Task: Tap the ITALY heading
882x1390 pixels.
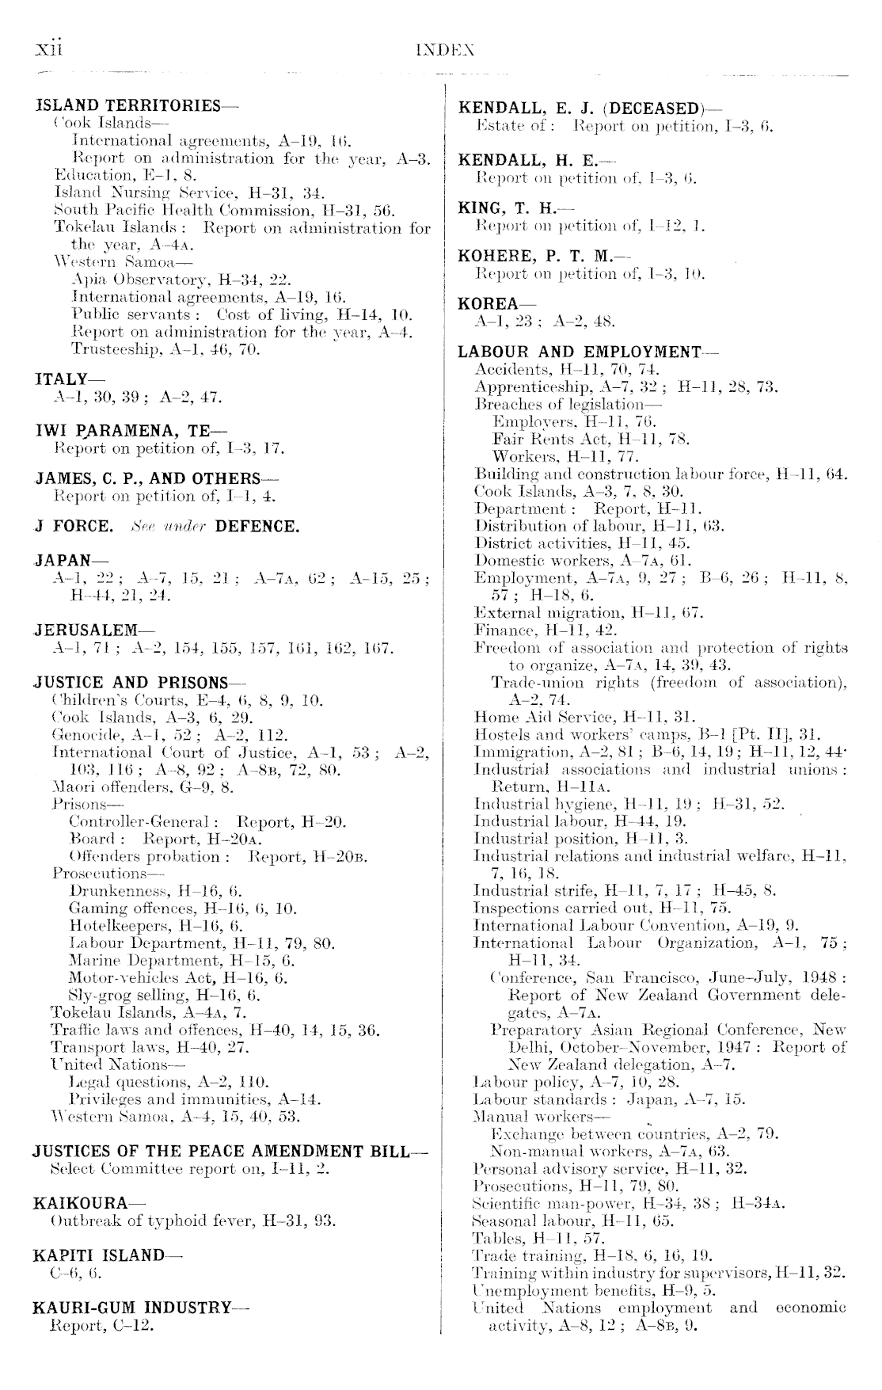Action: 61,380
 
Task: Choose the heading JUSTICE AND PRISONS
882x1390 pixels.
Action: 131,683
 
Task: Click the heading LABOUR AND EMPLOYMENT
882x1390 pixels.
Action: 580,352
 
